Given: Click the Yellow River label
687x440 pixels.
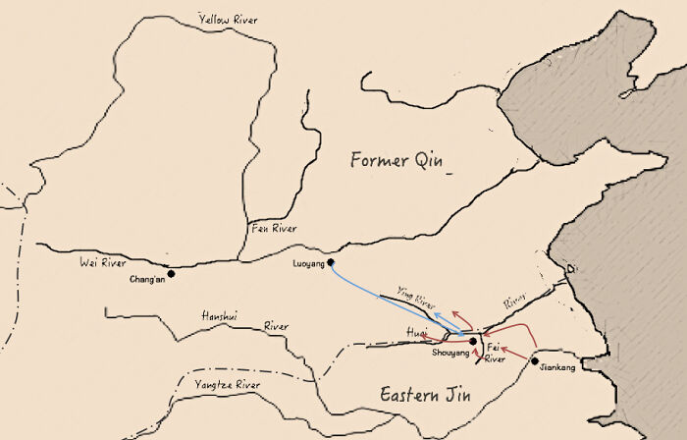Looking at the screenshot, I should tap(235, 19).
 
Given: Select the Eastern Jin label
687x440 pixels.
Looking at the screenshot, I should tap(426, 395).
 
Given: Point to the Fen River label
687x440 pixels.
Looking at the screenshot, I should tap(274, 229).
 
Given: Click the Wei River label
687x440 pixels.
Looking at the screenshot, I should tap(103, 263).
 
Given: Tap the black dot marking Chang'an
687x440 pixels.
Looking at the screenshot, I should tap(171, 273).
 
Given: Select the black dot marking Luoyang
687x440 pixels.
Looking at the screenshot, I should tap(331, 262).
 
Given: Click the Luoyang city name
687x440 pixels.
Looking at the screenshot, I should tap(309, 264).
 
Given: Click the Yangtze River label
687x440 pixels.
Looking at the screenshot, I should tap(227, 385).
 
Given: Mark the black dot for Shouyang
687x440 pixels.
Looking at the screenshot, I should tap(473, 342).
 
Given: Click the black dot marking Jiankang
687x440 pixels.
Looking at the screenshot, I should tap(535, 361).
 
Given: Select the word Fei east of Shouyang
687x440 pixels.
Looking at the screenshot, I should tap(495, 347).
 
